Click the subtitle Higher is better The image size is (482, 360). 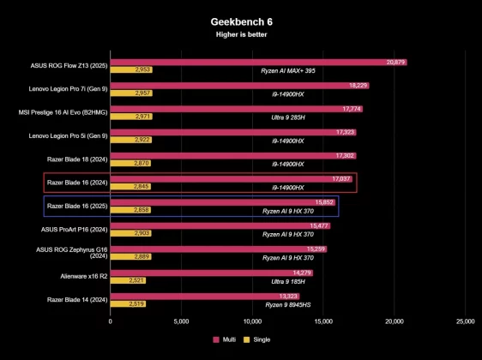pos(240,34)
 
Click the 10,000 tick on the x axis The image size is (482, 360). pos(252,322)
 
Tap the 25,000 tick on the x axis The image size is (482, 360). pos(465,322)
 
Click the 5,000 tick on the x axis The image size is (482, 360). pos(181,322)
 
